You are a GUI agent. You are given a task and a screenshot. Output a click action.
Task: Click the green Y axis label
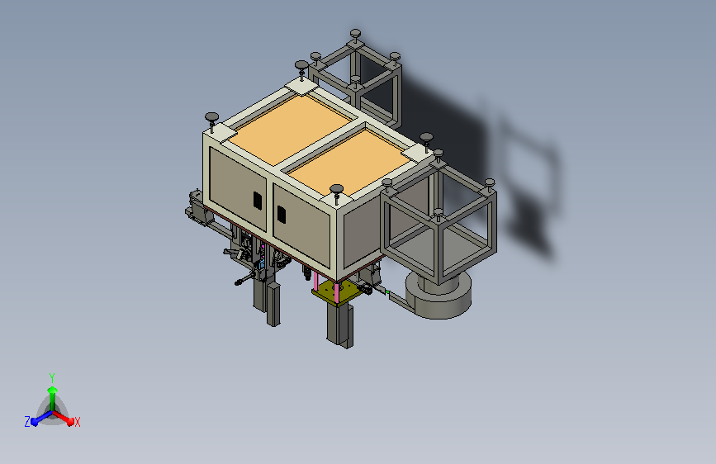click(52, 378)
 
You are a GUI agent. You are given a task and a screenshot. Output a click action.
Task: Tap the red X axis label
click(77, 423)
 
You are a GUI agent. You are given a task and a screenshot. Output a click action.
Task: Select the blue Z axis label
click(27, 422)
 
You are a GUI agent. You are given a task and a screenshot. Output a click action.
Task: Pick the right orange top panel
click(349, 162)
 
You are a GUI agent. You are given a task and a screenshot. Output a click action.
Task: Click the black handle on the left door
click(258, 201)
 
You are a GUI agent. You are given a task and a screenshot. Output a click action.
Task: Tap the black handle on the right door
click(282, 215)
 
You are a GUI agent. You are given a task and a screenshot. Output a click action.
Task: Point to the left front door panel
click(238, 188)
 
